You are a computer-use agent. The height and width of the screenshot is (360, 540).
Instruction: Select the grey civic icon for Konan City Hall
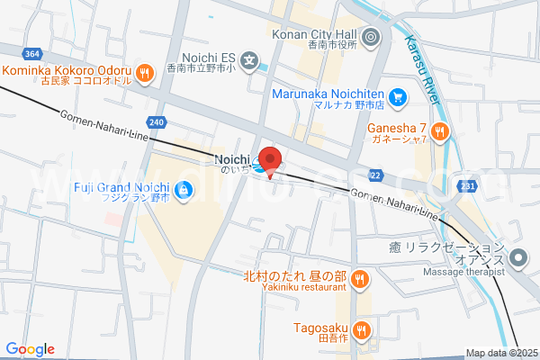tap(373, 37)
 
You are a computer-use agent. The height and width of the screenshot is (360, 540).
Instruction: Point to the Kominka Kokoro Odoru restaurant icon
tap(144, 72)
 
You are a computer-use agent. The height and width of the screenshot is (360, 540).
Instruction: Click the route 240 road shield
tap(157, 121)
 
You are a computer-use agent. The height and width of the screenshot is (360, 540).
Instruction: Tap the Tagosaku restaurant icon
tap(362, 329)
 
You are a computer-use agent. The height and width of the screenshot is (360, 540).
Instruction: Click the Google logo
tap(30, 349)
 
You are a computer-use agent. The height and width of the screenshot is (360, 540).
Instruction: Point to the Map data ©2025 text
tap(499, 353)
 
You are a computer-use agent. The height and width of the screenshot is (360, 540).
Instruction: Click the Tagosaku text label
tap(320, 328)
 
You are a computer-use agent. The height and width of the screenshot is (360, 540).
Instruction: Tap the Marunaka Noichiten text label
tap(328, 94)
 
